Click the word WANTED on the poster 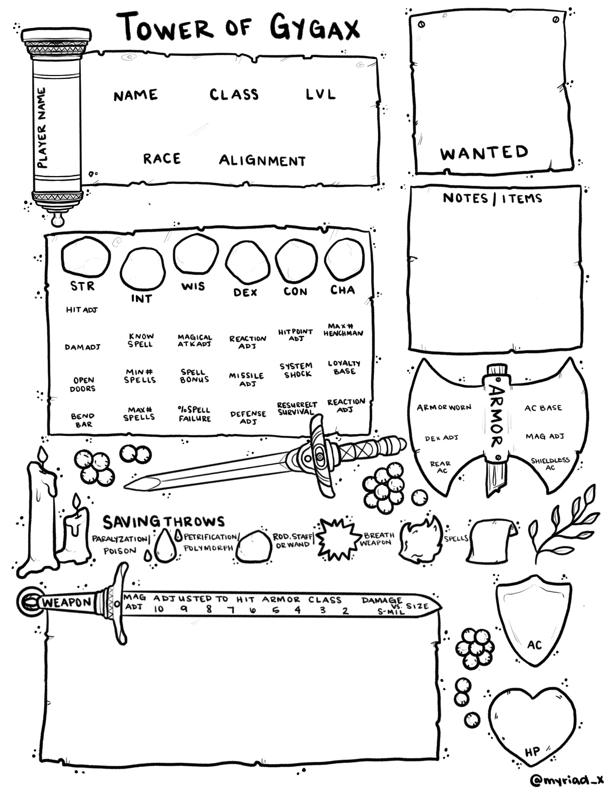tap(484, 153)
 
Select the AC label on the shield tap(534, 645)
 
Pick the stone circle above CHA tap(344, 259)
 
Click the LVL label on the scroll tap(320, 94)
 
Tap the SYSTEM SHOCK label tap(296, 370)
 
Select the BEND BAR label tap(83, 420)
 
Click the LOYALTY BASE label tap(344, 367)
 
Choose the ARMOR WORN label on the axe tap(444, 407)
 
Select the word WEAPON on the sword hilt tap(67, 603)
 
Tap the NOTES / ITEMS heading tap(492, 198)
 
